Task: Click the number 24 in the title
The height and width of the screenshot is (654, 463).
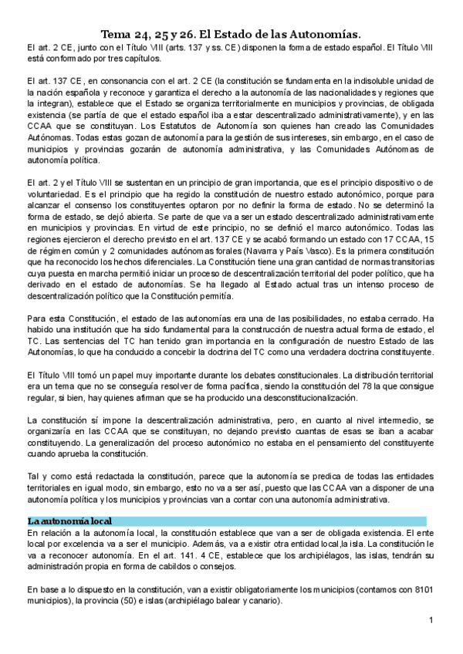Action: pyautogui.click(x=147, y=32)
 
